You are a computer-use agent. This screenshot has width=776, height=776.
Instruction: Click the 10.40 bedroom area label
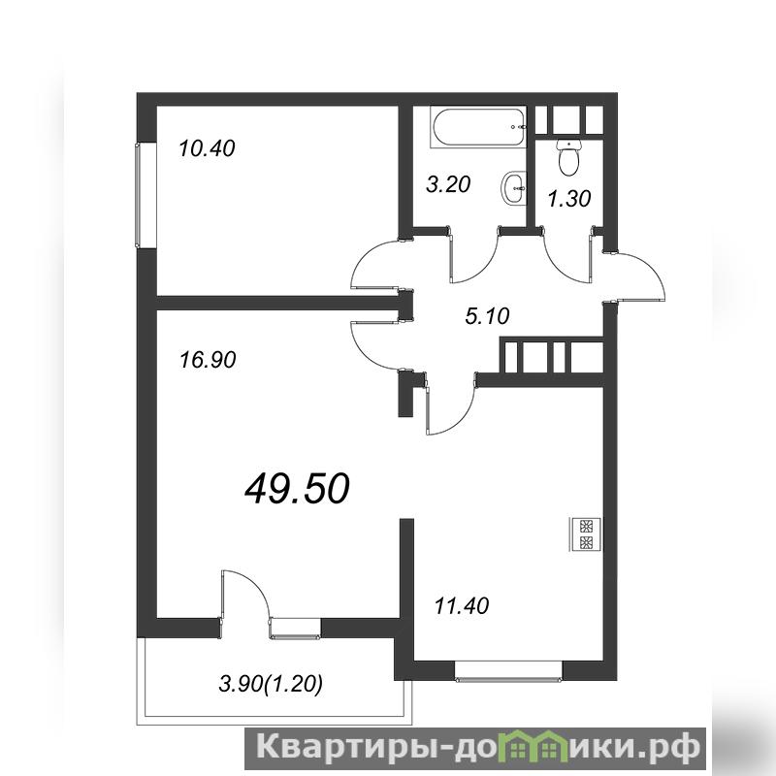[207, 148]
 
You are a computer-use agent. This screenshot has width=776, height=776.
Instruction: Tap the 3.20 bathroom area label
[448, 184]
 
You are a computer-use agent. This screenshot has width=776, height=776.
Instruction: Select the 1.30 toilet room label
[569, 199]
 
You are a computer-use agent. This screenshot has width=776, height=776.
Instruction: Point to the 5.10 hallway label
[488, 316]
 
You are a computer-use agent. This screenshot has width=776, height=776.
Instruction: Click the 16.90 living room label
[208, 360]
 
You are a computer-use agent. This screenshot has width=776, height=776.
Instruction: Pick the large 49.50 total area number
[298, 489]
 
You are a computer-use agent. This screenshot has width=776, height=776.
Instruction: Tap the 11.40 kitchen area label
[462, 605]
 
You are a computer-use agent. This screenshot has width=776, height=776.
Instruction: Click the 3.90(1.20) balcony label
[271, 685]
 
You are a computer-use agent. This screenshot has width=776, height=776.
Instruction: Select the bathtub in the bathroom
[478, 127]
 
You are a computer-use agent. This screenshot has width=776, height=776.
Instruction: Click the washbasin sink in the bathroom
[515, 187]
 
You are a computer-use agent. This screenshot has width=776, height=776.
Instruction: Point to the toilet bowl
[569, 157]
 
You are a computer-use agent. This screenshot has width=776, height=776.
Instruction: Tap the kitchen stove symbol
[586, 534]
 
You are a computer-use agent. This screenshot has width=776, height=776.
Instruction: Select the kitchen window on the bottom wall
[508, 671]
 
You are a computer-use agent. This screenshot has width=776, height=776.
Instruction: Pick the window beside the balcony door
[295, 629]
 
